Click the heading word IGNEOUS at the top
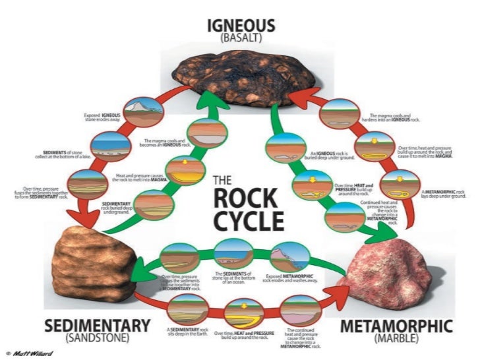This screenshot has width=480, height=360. click(x=241, y=25)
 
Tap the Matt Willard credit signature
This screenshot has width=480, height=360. click(x=30, y=353)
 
